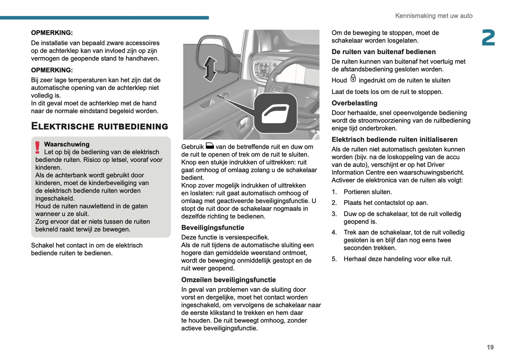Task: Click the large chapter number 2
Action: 488,38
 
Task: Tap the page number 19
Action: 490,347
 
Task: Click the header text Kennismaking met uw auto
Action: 434,16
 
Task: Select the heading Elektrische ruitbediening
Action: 99,126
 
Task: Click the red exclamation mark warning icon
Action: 37,147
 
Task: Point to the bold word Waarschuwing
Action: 66,144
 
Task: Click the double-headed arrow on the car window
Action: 210,69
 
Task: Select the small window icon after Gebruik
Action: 210,146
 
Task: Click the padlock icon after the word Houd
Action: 353,79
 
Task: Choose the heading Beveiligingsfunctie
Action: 213,227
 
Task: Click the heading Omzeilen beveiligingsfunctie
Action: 228,280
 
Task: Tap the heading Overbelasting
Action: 354,103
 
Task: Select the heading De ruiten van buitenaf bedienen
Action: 383,52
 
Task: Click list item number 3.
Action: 334,214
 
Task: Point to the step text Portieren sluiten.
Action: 367,192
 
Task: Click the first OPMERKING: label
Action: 52,33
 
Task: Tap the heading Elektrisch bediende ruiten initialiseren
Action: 394,139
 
